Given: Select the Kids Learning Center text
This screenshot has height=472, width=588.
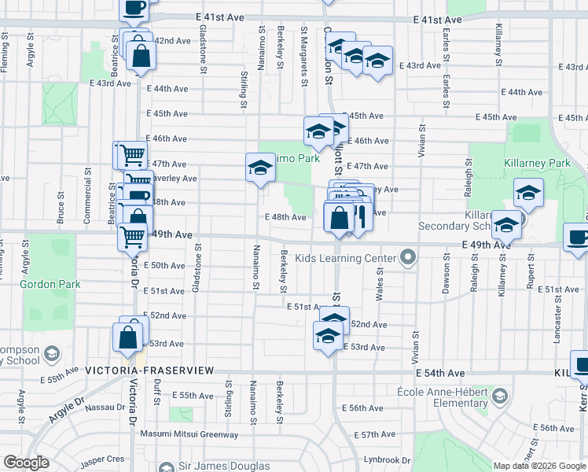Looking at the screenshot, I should (x=345, y=258).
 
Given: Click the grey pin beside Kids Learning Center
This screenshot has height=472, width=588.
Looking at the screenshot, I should (x=407, y=257).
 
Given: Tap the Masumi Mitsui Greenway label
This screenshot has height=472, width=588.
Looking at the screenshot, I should (x=189, y=434).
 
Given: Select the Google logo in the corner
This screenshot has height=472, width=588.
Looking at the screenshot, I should (x=26, y=463).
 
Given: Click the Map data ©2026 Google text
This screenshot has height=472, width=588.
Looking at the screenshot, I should (x=539, y=466).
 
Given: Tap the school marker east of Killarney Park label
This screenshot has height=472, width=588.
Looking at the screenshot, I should (x=528, y=192).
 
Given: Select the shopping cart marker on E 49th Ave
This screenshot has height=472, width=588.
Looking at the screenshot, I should (x=131, y=234).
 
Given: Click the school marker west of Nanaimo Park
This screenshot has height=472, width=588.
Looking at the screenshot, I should (x=260, y=168).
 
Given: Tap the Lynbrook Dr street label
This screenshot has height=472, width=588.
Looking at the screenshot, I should (x=388, y=460).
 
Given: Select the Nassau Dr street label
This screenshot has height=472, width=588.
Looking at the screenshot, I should (x=100, y=407).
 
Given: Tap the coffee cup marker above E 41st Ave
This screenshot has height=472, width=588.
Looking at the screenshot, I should (x=134, y=7).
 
